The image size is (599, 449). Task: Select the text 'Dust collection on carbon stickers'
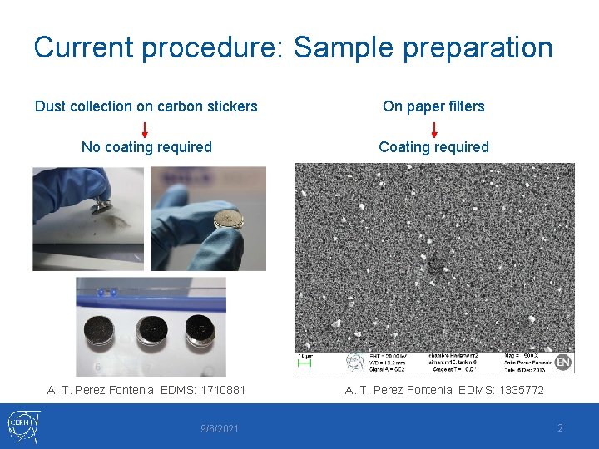pyautogui.click(x=146, y=106)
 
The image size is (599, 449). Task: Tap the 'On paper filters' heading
pyautogui.click(x=433, y=106)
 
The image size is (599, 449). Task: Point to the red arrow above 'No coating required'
pyautogui.click(x=145, y=129)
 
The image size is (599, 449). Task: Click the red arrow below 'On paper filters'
pyautogui.click(x=433, y=129)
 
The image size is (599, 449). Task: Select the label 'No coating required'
pyautogui.click(x=146, y=147)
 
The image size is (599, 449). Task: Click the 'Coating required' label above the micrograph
pyautogui.click(x=433, y=147)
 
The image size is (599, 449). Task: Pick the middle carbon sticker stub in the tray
pyautogui.click(x=152, y=329)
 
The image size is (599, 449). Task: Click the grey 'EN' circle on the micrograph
pyautogui.click(x=563, y=362)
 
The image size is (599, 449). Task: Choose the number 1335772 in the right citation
pyautogui.click(x=516, y=390)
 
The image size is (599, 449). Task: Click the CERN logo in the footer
pyautogui.click(x=22, y=426)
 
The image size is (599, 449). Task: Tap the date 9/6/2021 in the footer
pyautogui.click(x=220, y=429)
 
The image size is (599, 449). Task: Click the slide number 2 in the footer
pyautogui.click(x=560, y=428)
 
